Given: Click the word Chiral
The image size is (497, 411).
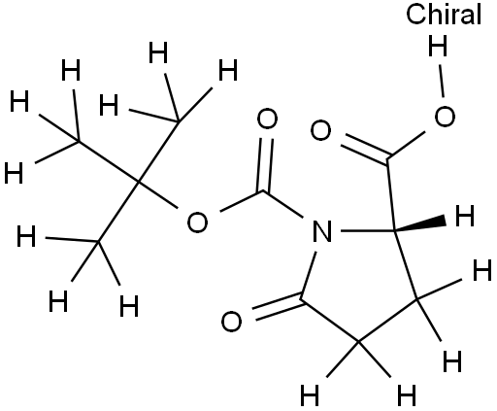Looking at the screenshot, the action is tap(444, 15).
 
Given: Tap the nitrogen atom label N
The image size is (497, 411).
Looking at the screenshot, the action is tap(322, 231).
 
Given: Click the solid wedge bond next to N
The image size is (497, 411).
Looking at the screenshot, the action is tap(420, 224).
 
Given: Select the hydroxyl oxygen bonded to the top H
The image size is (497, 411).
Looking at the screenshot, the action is tap(445, 117).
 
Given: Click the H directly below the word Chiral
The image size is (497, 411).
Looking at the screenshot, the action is tap(438, 46).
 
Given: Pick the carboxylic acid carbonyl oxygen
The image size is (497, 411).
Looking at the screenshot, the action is tap(320, 130).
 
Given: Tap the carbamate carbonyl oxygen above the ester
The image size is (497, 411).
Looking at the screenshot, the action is tap(267, 119).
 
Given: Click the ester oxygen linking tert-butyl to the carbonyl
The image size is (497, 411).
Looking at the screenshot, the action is tap(197, 223).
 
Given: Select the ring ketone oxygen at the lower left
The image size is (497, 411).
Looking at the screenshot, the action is tap(231, 322).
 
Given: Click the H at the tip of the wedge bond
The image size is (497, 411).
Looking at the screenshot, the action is tap(465, 216).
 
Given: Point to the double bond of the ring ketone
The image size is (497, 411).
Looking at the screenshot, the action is tap(278, 307).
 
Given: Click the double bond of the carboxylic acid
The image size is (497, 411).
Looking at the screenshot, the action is tap(365, 149).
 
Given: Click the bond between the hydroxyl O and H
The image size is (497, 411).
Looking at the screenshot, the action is tap(441, 81).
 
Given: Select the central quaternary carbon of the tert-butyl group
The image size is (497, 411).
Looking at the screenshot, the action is tap(138, 182).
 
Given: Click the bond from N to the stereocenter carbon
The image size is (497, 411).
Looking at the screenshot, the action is tap(368, 231).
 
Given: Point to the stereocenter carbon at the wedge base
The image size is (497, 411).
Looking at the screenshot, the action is tap(395, 230).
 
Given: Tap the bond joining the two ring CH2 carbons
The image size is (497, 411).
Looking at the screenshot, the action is tap(387, 321).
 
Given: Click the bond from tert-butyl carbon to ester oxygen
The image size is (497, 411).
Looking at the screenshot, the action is tap(157, 194).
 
